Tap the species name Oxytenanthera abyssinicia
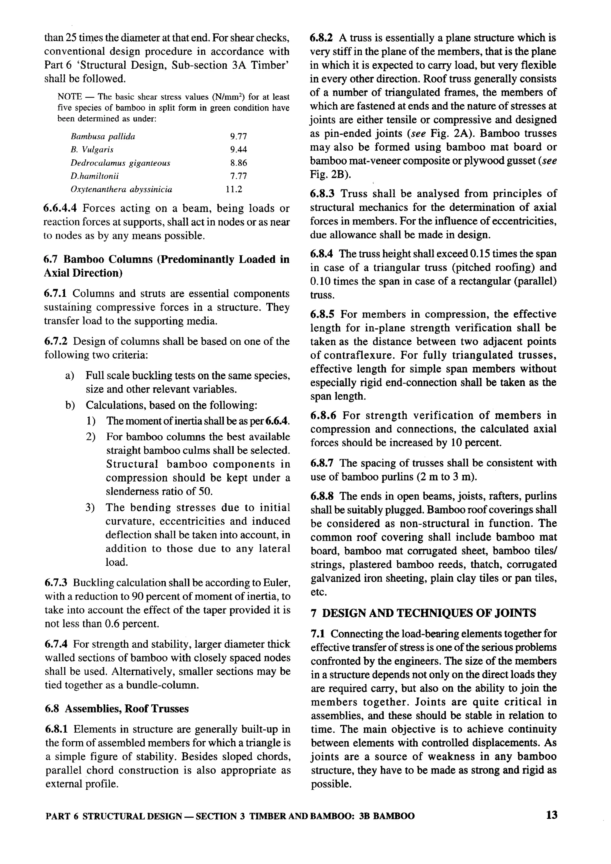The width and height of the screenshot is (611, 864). pyautogui.click(x=121, y=189)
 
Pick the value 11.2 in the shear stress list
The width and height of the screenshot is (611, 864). pyautogui.click(x=234, y=189)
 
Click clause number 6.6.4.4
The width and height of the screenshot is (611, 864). pyautogui.click(x=61, y=208)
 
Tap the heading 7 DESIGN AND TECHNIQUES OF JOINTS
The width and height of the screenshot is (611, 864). pyautogui.click(x=423, y=613)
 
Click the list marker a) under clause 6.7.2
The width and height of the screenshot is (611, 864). pyautogui.click(x=69, y=375)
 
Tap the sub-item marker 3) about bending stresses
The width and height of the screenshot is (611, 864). pyautogui.click(x=90, y=508)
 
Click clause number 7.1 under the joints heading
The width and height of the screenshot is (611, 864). pyautogui.click(x=318, y=634)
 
